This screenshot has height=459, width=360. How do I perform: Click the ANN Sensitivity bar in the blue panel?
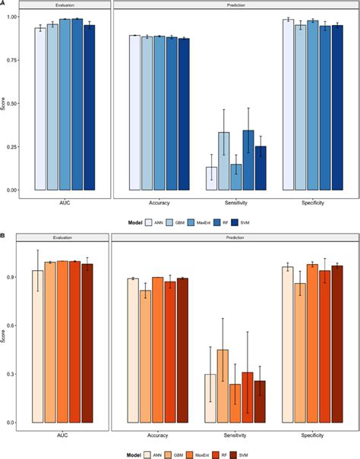(211, 178)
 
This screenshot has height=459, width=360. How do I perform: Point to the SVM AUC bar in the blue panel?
(90, 107)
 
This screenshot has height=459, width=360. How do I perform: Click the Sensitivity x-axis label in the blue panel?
(235, 203)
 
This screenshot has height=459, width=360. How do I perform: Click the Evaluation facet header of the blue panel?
(65, 5)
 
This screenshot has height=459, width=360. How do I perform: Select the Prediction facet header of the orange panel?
(235, 237)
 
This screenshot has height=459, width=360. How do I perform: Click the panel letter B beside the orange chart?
(3, 236)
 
